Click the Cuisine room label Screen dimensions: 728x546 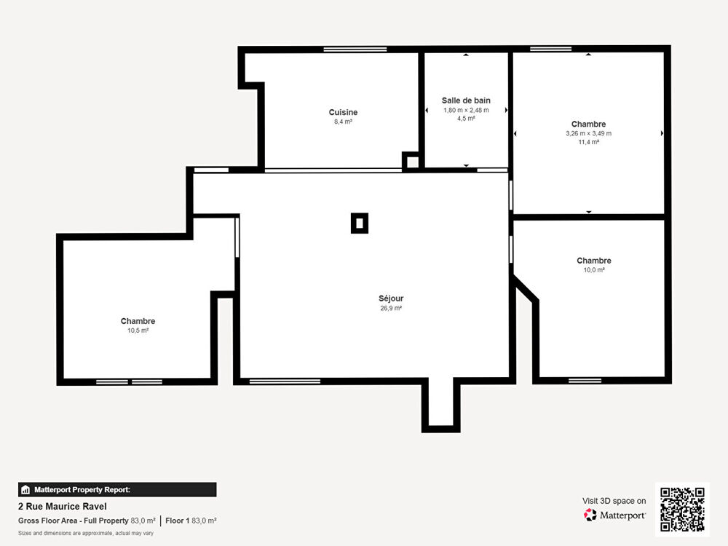click(x=343, y=112)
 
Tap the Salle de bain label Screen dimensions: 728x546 click(x=466, y=100)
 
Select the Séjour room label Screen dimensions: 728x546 click(x=391, y=298)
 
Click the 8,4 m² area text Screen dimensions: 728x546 click(x=343, y=122)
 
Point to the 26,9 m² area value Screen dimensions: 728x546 click(x=391, y=308)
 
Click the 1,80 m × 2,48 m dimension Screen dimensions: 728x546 click(x=466, y=111)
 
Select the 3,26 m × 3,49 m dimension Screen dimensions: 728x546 click(x=589, y=134)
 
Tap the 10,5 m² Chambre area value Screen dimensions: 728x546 click(x=138, y=331)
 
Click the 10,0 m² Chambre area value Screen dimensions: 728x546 click(x=594, y=270)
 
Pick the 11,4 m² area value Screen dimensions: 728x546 click(x=589, y=143)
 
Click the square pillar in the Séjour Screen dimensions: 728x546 click(x=360, y=223)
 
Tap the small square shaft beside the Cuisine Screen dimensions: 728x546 click(x=411, y=162)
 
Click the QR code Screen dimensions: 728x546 click(x=683, y=510)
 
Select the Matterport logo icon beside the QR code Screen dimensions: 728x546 click(x=590, y=515)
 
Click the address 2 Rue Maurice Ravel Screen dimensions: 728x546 click(x=62, y=507)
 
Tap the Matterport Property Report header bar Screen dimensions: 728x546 click(x=117, y=490)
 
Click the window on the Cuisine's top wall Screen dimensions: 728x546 click(x=355, y=50)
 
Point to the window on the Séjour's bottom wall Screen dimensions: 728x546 click(x=285, y=381)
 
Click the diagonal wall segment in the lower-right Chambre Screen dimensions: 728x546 click(x=526, y=288)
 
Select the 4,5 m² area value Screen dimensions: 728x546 click(x=466, y=119)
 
